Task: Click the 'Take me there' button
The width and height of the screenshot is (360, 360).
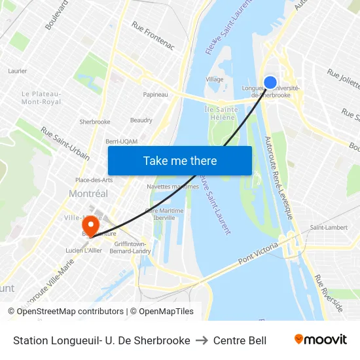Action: tap(180, 160)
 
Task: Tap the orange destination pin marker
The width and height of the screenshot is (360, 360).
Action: tap(90, 224)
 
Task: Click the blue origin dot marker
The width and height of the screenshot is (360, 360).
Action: tap(270, 82)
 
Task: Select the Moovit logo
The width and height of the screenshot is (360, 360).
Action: tap(320, 340)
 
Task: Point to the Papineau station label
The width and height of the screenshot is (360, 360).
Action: tap(155, 94)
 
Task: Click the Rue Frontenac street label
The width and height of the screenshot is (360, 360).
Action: tap(153, 35)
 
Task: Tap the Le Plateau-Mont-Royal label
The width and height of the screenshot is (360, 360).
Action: tap(41, 98)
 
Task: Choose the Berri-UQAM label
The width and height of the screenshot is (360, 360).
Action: tap(121, 141)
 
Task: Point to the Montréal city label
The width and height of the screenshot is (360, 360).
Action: tap(88, 194)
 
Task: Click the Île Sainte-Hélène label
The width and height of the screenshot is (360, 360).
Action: tap(221, 113)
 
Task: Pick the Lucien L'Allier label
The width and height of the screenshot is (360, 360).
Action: tap(82, 250)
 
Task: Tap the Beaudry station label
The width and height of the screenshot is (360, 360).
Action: tap(141, 120)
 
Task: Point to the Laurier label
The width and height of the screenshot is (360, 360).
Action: tap(17, 71)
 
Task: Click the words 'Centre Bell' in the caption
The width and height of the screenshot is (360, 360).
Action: tap(240, 340)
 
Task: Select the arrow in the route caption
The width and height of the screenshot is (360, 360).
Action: tap(202, 340)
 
